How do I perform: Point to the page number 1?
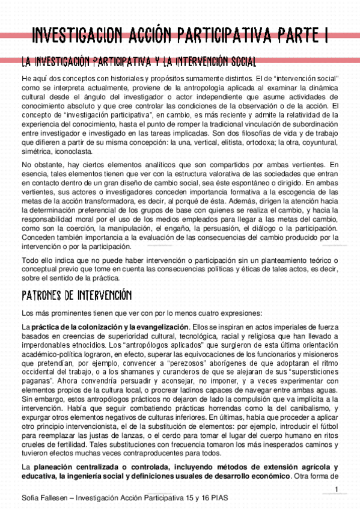(x=338, y=488)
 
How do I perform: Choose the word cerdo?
(x=178, y=452)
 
